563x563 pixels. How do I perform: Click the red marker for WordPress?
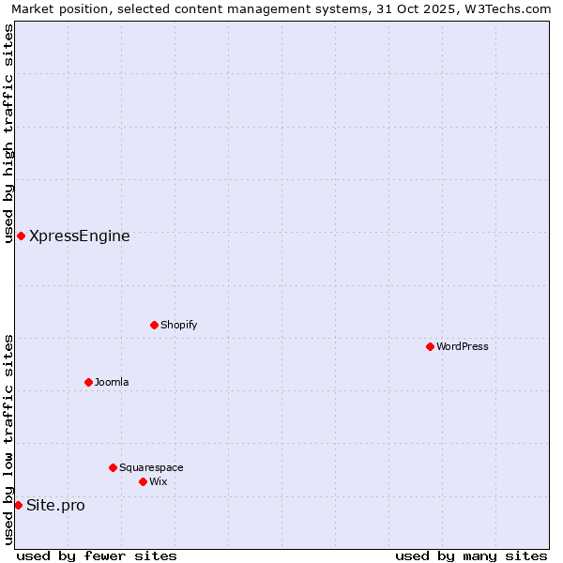click(x=431, y=346)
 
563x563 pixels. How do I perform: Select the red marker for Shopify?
click(x=155, y=325)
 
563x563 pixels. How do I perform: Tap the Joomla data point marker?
click(x=89, y=382)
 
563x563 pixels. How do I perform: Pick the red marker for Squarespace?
click(x=114, y=467)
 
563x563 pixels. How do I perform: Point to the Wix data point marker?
click(x=144, y=481)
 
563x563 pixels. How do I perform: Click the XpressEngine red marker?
click(x=21, y=236)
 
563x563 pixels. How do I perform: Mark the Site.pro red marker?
click(x=18, y=505)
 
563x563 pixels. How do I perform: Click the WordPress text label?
click(x=463, y=346)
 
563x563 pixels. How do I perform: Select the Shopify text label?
click(x=178, y=325)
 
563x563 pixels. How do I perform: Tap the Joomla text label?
click(x=112, y=382)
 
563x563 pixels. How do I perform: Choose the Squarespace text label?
click(x=151, y=467)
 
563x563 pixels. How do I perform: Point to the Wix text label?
click(x=159, y=481)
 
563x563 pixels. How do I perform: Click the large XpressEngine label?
click(x=80, y=236)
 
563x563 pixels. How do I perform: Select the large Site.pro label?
click(x=55, y=505)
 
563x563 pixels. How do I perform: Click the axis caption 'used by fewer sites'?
click(x=97, y=555)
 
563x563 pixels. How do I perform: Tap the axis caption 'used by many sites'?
click(x=471, y=555)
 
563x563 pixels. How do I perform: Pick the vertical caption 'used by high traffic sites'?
click(x=8, y=133)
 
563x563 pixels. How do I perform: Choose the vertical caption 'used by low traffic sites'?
click(x=8, y=439)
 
